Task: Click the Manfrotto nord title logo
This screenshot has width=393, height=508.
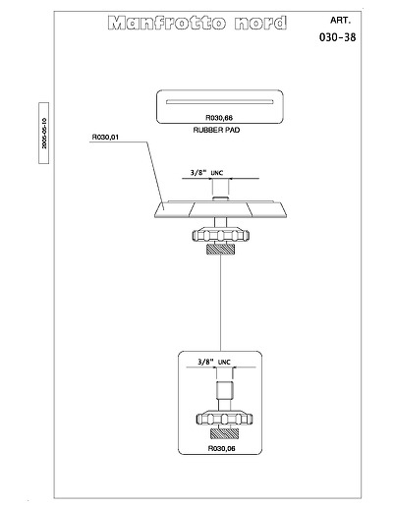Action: click(197, 23)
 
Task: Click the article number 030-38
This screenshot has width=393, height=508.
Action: click(337, 37)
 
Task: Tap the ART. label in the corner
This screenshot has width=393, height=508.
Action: click(340, 21)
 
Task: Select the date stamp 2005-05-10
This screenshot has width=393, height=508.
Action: click(44, 134)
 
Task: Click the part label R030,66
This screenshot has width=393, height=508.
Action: click(219, 118)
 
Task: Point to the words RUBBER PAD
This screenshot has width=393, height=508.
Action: click(216, 130)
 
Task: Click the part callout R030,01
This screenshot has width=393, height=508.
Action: click(105, 138)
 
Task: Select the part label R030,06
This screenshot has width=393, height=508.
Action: click(222, 448)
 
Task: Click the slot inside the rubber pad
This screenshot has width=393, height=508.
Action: click(219, 101)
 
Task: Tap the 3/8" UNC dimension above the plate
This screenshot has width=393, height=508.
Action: click(207, 173)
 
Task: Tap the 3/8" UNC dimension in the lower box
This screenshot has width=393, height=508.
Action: click(214, 362)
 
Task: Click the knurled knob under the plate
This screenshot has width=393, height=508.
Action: click(221, 236)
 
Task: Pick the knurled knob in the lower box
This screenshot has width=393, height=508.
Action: click(224, 419)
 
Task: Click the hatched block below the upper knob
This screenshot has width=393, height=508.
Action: click(220, 250)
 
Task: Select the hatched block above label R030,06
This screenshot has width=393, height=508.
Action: click(224, 433)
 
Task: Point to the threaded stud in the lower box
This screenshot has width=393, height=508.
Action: click(225, 390)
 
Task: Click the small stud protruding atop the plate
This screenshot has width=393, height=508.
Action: click(220, 198)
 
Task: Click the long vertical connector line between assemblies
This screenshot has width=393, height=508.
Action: click(220, 303)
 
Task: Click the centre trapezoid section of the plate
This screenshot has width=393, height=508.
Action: click(220, 209)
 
